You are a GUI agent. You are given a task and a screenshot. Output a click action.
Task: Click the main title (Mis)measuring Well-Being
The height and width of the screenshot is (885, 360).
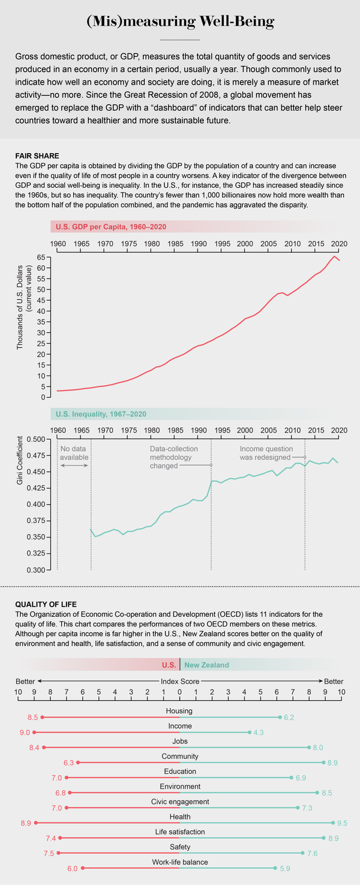(x=180, y=22)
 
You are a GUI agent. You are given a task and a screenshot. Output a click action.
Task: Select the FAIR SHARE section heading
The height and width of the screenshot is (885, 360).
(x=37, y=155)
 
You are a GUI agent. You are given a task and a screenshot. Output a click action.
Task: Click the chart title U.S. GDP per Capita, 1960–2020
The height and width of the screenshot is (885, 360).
(x=110, y=227)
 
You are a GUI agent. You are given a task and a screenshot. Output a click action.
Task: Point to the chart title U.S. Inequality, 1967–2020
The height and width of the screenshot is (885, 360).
(x=100, y=414)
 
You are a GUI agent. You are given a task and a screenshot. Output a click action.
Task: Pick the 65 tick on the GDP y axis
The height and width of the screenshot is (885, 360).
(x=41, y=257)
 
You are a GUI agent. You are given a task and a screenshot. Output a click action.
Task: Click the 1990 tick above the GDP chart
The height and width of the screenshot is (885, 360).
(x=199, y=244)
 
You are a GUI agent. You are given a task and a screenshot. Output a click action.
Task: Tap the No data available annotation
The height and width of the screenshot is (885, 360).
(x=74, y=453)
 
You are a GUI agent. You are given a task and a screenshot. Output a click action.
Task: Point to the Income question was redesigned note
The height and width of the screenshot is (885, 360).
(x=266, y=453)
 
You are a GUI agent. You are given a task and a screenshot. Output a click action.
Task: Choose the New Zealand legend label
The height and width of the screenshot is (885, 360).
(x=206, y=665)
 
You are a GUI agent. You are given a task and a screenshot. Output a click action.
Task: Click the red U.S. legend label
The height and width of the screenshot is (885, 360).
(x=169, y=665)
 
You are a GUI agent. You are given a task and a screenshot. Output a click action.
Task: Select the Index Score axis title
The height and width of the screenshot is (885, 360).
(x=180, y=682)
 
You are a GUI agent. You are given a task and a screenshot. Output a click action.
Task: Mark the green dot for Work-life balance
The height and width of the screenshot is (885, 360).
(x=275, y=868)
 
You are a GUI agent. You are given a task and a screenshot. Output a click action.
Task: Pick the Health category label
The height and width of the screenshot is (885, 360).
(x=180, y=816)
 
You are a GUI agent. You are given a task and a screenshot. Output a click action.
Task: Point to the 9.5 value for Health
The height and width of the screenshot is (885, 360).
(x=343, y=823)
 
